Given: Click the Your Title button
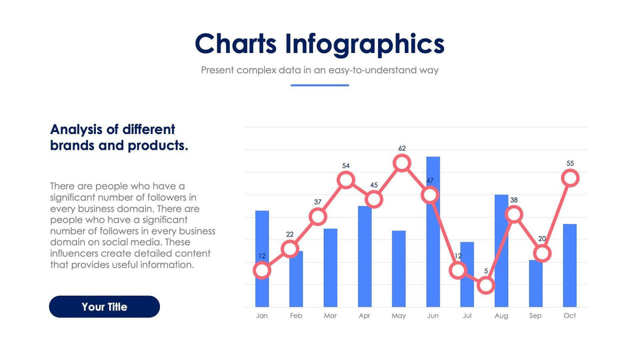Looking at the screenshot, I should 104,307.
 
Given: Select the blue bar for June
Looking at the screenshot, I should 433,248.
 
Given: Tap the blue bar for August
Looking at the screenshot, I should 501,261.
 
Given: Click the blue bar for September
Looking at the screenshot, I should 536,287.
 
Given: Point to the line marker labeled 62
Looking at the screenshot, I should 402,163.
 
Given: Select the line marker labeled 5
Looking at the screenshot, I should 485,285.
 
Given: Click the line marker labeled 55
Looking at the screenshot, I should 570,177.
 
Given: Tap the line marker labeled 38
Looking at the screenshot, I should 515,214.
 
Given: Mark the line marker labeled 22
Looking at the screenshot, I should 290,248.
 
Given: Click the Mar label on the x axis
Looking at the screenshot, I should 330,316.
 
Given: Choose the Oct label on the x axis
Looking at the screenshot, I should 569,316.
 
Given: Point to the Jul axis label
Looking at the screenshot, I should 467,316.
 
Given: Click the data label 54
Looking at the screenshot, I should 346,166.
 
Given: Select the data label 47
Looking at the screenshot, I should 430,180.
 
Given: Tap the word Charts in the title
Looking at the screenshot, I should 236,44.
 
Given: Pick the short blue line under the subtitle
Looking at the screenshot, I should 319,85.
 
